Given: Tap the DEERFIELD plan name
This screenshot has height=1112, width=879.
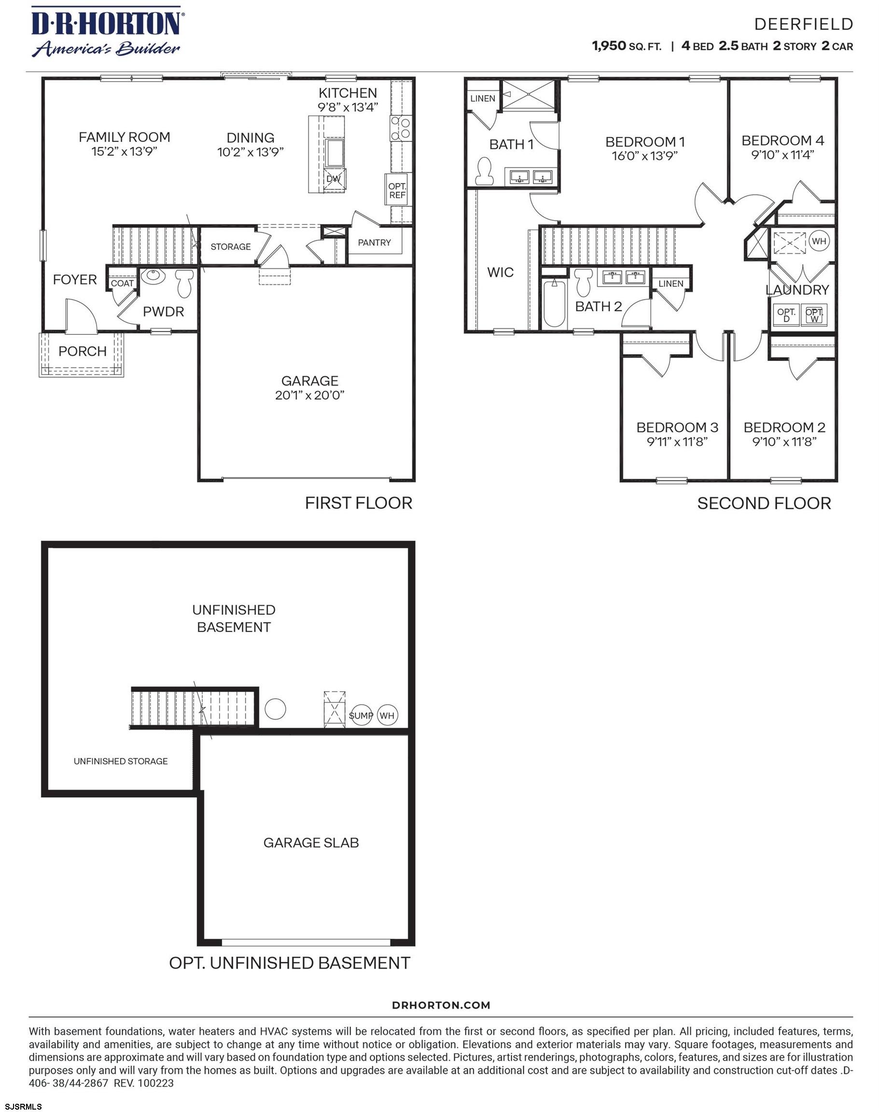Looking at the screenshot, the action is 803,24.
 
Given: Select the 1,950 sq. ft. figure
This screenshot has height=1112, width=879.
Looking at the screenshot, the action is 627,46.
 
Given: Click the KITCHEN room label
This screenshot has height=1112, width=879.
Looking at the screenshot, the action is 348,93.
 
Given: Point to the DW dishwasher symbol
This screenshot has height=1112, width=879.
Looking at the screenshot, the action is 334,179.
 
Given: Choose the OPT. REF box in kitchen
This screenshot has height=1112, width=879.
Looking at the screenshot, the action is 397,190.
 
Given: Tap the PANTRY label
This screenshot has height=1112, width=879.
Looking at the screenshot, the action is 374,242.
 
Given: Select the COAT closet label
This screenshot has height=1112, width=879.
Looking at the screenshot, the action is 122,283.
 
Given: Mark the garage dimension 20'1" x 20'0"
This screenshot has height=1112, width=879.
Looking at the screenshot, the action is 309,395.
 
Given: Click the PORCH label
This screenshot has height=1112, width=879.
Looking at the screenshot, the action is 83,351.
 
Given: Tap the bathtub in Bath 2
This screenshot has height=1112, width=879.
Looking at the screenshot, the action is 554,303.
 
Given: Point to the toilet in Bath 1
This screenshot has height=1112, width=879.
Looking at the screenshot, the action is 484,171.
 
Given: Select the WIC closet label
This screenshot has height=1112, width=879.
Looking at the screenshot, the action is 500,272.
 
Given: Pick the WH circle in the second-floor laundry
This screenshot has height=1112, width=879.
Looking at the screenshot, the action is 819,241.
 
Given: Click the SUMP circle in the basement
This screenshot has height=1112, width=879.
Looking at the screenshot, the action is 361,715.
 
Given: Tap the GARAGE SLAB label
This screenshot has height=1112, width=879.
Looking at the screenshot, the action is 311,842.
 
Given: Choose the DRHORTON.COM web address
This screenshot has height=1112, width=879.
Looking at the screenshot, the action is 441,1005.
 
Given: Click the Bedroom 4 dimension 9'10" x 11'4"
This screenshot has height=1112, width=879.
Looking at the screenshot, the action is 782,155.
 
